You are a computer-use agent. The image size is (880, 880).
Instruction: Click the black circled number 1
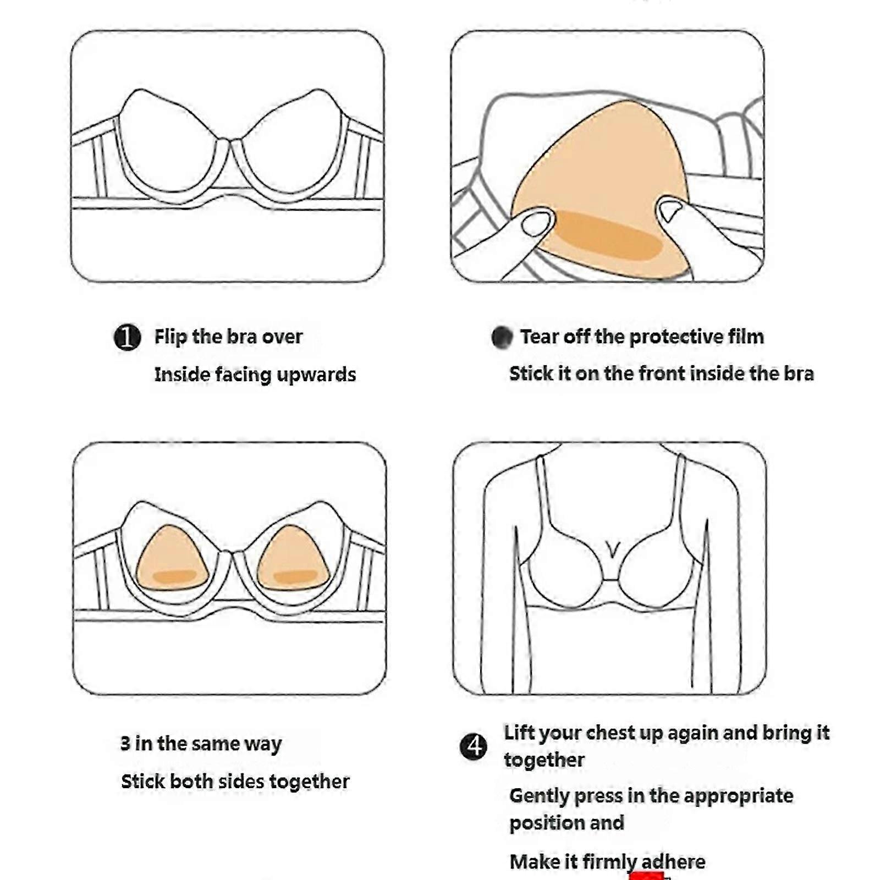pos(127,337)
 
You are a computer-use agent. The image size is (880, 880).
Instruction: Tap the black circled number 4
pos(473,747)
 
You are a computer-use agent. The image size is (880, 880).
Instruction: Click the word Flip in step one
pos(170,337)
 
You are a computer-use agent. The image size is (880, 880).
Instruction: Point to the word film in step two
pos(745,336)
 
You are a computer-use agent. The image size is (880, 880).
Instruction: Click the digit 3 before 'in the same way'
pos(125,744)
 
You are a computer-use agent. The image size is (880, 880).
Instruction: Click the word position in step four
pos(546,823)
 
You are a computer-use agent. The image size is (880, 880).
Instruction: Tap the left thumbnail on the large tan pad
pos(536,222)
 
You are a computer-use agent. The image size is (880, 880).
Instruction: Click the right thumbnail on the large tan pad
pos(670,210)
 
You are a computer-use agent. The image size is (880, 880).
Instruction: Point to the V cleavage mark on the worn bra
pos(612,548)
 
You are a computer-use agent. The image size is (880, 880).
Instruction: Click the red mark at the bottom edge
pos(647,876)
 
